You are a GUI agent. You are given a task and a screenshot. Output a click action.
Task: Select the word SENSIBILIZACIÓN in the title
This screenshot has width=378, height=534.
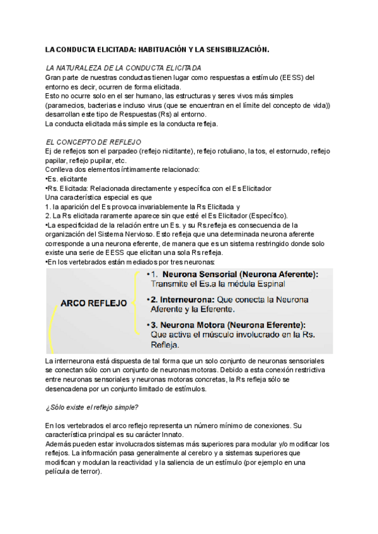click(x=233, y=48)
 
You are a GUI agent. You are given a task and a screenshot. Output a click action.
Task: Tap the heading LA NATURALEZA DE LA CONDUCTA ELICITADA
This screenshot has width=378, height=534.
click(x=124, y=67)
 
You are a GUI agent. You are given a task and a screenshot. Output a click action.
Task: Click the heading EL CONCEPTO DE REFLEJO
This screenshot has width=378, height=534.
click(x=94, y=142)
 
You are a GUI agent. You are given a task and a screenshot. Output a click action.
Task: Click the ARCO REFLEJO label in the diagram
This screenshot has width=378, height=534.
click(x=94, y=303)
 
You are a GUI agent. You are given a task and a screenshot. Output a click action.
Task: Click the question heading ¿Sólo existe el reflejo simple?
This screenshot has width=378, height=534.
click(x=93, y=407)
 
